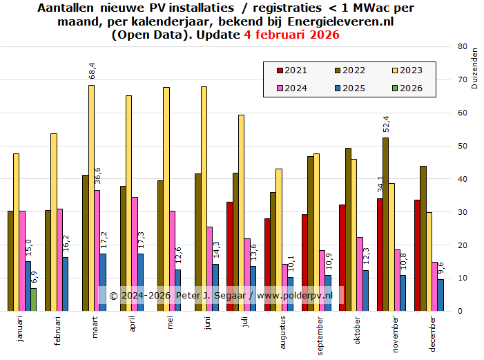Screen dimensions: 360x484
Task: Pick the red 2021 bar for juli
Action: click(229, 256)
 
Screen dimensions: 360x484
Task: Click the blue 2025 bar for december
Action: click(440, 295)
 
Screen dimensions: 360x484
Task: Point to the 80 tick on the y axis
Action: click(462, 46)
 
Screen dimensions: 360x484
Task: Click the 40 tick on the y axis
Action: click(462, 179)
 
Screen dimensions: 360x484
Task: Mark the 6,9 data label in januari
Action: click(34, 278)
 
